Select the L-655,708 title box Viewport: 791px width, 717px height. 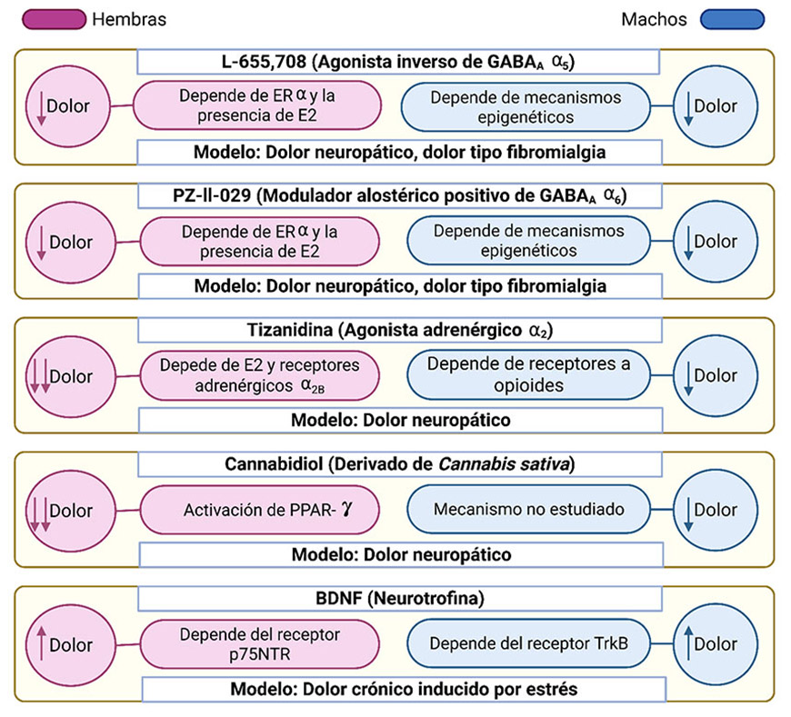point(397,62)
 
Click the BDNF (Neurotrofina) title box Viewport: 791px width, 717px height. point(397,599)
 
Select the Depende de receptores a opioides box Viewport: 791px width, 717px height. point(528,375)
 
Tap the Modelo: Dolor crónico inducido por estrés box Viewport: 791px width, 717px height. point(397,688)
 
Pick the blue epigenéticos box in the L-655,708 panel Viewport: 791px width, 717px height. point(528,106)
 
